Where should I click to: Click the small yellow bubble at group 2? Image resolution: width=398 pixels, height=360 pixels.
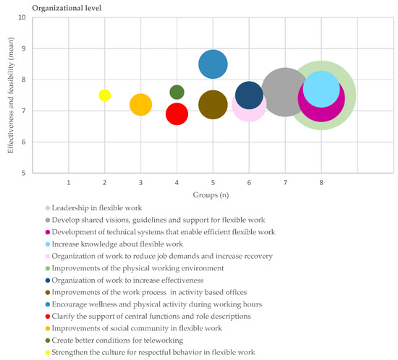pos(104,95)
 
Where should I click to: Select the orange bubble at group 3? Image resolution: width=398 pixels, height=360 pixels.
pos(140,105)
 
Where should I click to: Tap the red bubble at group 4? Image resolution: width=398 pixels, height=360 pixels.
pos(177,113)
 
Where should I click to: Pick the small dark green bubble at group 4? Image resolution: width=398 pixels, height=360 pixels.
pos(177,92)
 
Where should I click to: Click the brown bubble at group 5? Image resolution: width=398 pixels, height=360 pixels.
pos(213,105)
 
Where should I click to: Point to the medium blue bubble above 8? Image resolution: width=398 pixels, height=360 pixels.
pos(213,64)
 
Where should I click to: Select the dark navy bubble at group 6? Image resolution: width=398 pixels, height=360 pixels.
pos(249,95)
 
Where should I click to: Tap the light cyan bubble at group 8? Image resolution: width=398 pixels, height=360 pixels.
pos(321,87)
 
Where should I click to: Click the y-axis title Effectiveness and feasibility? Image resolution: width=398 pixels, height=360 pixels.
pos(8,95)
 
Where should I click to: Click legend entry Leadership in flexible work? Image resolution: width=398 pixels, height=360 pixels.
pos(97,208)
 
